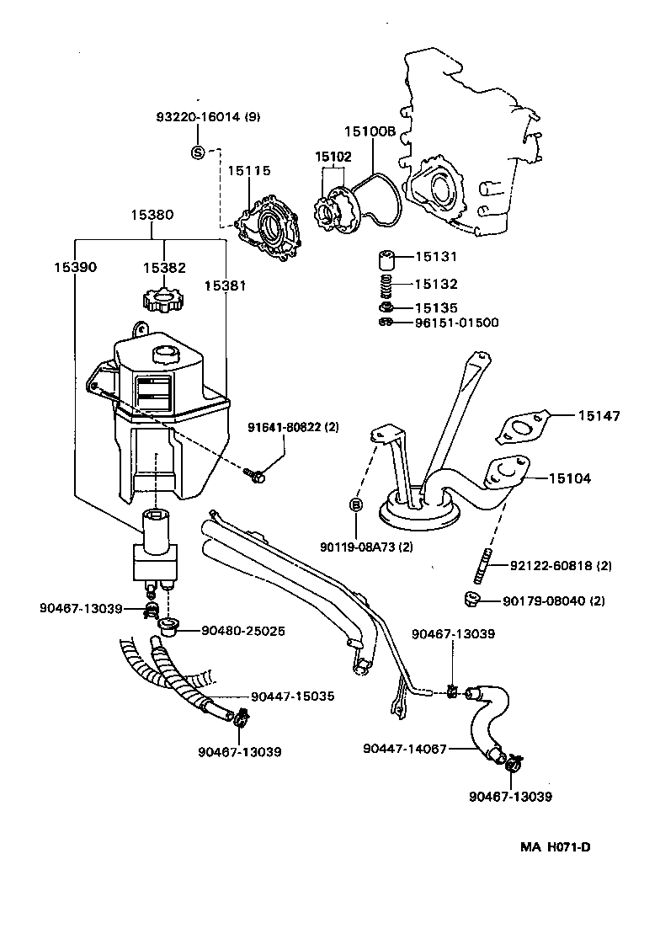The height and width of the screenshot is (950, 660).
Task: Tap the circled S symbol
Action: [x=198, y=152]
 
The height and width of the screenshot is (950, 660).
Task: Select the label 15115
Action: [x=248, y=171]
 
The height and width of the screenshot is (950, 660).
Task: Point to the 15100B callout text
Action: [x=369, y=131]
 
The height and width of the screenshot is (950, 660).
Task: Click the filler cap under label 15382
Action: [x=163, y=299]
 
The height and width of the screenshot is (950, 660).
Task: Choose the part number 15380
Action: [x=152, y=215]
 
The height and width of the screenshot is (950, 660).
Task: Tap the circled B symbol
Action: [x=355, y=505]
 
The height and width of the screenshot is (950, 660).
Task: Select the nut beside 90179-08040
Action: [x=471, y=600]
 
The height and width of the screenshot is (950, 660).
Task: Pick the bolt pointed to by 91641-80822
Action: [x=257, y=477]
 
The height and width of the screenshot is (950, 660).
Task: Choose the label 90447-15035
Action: [x=292, y=696]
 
